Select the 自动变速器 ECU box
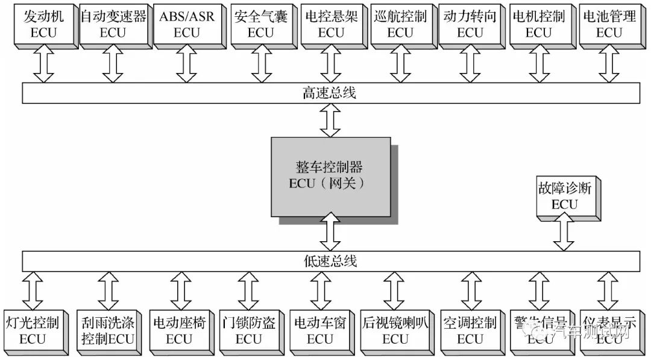(113, 24)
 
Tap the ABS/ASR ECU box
(186, 24)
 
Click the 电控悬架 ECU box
(330, 24)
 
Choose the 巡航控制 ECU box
(400, 24)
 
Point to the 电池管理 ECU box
(609, 24)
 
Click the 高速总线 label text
(329, 93)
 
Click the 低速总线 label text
(329, 261)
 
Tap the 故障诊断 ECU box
(564, 196)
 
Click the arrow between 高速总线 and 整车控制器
(330, 119)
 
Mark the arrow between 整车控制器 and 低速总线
(330, 233)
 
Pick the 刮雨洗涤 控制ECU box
(107, 330)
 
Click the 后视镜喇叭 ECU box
(394, 330)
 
